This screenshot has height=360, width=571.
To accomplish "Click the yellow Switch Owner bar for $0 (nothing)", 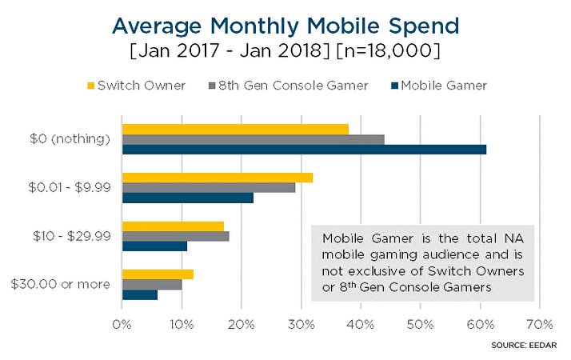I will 235,130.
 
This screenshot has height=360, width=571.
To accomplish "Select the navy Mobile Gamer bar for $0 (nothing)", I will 304,149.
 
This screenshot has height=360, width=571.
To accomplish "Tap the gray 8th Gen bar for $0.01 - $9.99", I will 208,187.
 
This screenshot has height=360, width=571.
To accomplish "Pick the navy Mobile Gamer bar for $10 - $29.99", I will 154,246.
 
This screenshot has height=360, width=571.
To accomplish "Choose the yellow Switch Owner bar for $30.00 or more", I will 158,274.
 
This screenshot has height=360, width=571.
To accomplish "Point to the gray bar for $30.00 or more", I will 152,284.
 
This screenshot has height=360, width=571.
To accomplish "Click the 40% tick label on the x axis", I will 360,325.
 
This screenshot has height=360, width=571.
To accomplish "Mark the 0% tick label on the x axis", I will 122,325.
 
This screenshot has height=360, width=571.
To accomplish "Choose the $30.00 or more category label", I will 66,284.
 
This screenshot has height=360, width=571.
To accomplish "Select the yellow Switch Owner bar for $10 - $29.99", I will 173,226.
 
